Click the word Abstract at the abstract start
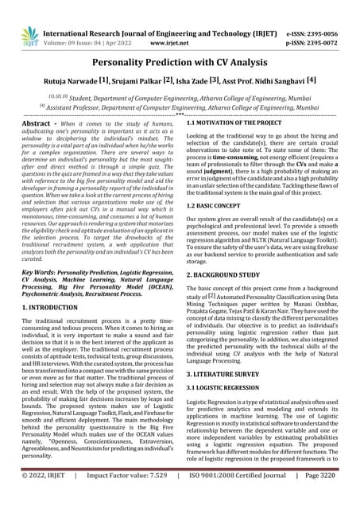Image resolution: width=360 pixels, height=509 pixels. (x=39, y=124)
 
